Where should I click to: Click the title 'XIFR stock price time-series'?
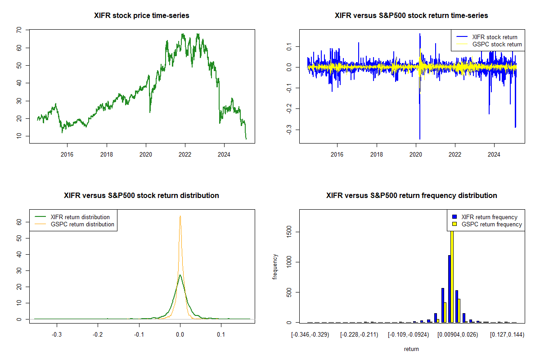142,16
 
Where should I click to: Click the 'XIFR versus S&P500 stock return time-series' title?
411,16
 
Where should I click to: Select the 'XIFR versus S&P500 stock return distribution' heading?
142,196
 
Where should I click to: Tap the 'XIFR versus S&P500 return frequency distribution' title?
411,196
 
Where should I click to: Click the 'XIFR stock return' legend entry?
494,37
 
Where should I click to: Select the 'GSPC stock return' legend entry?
497,44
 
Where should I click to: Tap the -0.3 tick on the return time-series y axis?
289,130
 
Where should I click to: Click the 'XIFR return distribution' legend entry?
80,217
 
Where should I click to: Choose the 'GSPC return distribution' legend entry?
82,224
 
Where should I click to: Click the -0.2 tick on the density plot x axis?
97,334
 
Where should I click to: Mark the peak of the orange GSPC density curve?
180,216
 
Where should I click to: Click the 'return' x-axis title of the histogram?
411,349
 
